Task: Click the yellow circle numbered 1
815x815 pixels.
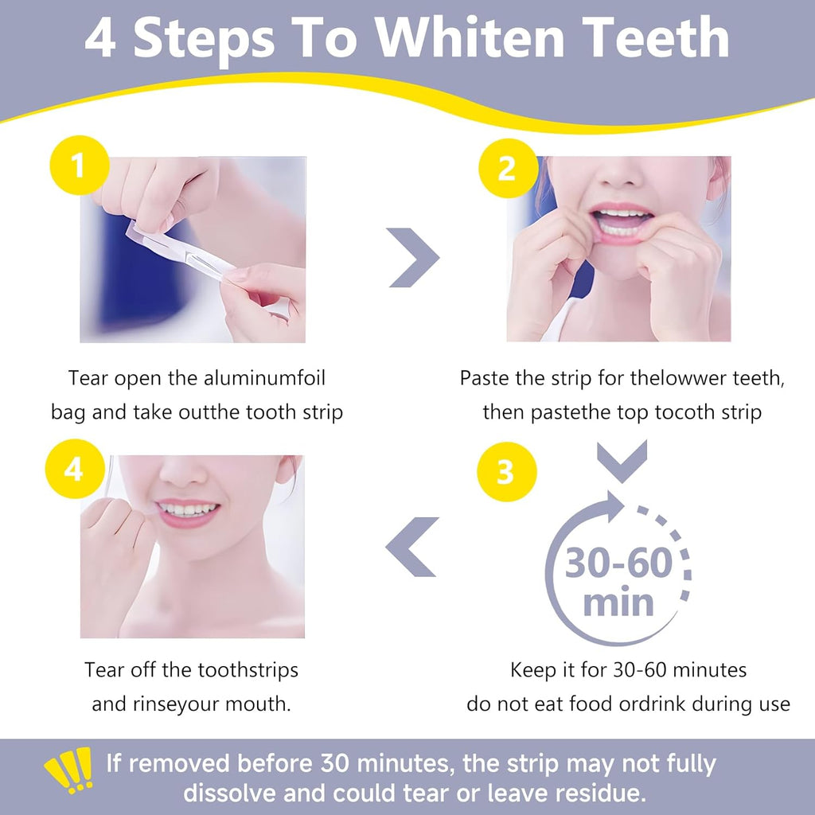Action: tap(79, 167)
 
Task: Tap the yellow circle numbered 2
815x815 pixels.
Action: tap(507, 167)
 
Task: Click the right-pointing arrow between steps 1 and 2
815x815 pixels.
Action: tap(414, 256)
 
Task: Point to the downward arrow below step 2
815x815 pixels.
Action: tap(622, 461)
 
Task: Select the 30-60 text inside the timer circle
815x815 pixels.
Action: tap(618, 564)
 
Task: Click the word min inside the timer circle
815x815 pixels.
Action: tap(618, 602)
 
